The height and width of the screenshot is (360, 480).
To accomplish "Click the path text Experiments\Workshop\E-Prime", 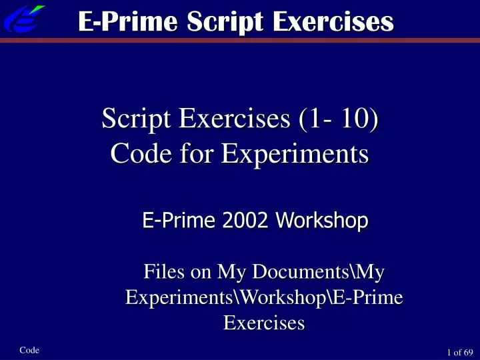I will click(264, 298).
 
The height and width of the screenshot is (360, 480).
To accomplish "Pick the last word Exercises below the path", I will click(264, 323).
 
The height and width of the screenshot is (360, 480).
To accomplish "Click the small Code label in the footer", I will click(30, 350).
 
